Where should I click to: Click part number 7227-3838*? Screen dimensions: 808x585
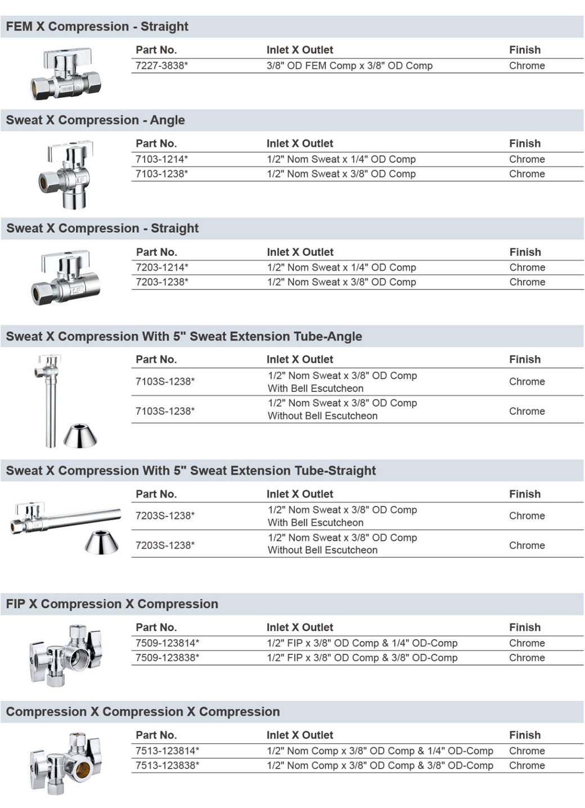click(x=161, y=66)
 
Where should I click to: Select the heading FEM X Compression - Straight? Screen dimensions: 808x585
click(x=97, y=26)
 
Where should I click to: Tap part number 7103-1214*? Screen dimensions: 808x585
click(x=161, y=159)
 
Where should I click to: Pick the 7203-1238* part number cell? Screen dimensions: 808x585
click(x=162, y=282)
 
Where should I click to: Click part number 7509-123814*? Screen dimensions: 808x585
click(x=167, y=643)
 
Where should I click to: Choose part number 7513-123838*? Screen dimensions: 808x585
click(x=167, y=766)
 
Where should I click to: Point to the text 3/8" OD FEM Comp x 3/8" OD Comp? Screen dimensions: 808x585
click(x=349, y=66)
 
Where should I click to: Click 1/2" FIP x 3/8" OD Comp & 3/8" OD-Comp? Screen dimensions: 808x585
click(x=362, y=658)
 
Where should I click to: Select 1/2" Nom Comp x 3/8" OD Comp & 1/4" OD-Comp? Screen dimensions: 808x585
click(x=380, y=751)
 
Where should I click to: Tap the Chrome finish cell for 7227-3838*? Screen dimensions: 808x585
click(x=526, y=66)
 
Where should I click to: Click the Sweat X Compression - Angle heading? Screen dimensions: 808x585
click(x=95, y=120)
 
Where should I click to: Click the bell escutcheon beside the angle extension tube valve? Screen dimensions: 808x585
click(x=80, y=436)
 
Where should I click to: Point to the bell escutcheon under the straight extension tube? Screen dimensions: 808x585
click(x=102, y=542)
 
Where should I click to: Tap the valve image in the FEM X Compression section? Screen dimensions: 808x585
click(x=66, y=74)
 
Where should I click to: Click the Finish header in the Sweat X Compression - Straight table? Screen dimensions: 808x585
click(x=525, y=252)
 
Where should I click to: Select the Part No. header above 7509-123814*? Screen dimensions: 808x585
click(x=156, y=628)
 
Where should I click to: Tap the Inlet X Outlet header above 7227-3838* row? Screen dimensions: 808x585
click(x=299, y=50)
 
